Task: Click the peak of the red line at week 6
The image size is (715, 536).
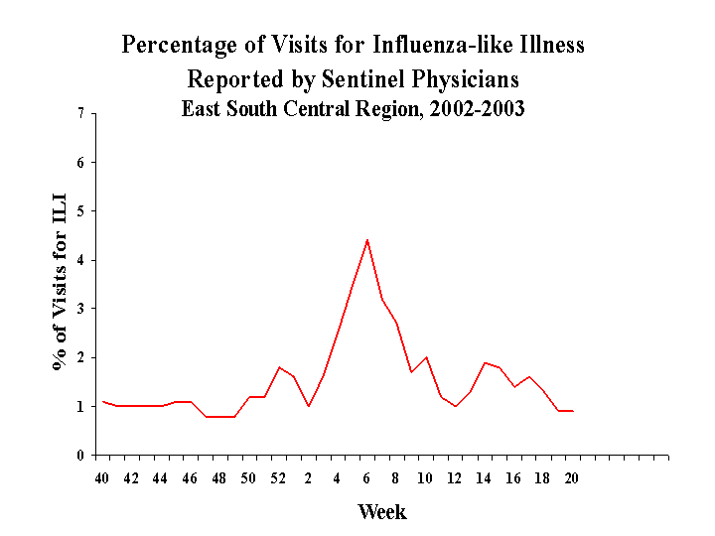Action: coord(367,239)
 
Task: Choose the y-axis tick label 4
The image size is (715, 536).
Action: coord(80,260)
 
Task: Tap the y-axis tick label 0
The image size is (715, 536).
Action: coord(80,456)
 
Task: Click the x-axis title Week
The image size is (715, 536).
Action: coord(382,512)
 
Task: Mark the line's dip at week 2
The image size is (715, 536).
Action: coord(309,406)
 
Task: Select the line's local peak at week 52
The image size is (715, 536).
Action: coord(279,367)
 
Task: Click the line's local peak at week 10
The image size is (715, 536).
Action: coord(426,357)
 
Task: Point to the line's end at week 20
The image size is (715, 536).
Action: coord(573,411)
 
